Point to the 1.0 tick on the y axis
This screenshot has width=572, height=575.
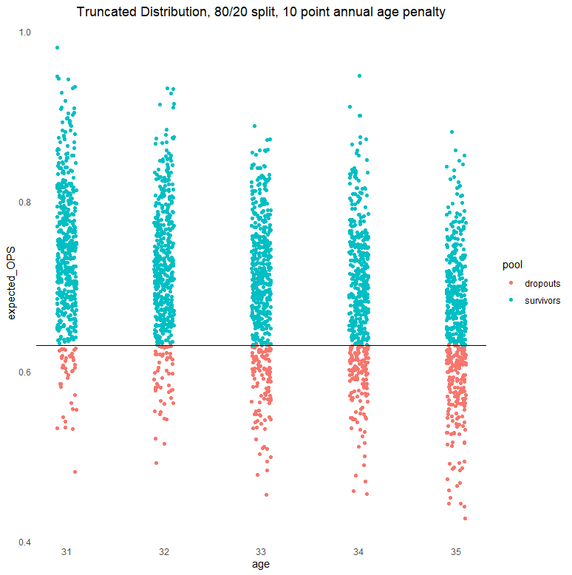25,33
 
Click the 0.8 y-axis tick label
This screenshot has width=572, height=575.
25,203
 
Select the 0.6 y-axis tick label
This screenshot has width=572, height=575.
25,372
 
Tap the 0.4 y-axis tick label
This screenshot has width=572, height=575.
25,542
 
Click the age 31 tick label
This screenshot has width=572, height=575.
67,552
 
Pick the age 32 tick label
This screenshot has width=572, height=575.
163,552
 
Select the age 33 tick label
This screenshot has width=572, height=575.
261,552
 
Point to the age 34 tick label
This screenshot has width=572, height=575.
358,552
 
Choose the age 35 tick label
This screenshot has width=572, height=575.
456,552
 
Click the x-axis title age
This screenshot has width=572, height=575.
261,565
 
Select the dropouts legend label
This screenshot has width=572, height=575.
542,283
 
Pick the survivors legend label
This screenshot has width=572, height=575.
542,301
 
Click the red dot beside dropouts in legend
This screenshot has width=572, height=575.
511,283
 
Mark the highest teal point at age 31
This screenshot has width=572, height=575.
57,47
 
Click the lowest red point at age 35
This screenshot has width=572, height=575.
465,518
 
